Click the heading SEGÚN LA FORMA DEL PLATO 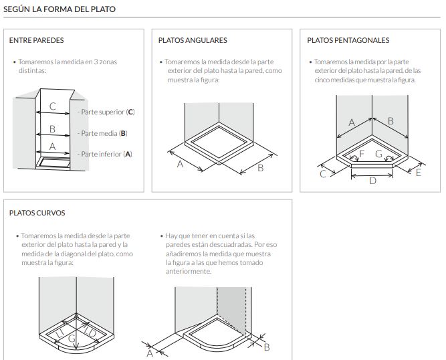(60, 9)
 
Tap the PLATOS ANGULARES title (193, 40)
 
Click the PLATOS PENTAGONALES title (348, 40)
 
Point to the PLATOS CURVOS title (37, 213)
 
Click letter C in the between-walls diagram (53, 106)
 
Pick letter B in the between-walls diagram (53, 128)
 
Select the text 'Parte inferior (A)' (106, 154)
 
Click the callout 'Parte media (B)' (104, 133)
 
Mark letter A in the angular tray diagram (180, 165)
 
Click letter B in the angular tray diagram (260, 168)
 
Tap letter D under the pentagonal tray (372, 181)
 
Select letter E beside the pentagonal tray (419, 173)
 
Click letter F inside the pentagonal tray (362, 153)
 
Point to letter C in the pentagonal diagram (323, 174)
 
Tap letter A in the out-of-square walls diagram (150, 352)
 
